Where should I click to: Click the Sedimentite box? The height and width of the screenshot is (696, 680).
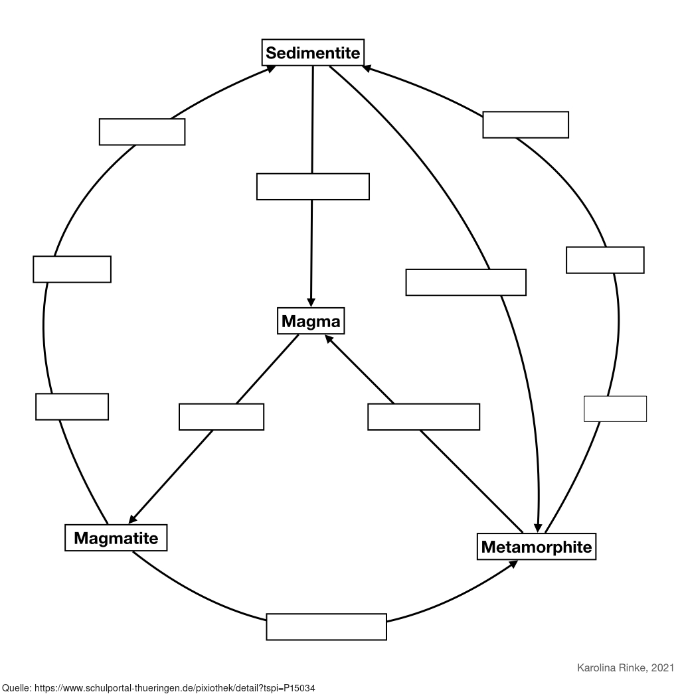click(313, 52)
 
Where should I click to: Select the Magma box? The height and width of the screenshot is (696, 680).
click(311, 322)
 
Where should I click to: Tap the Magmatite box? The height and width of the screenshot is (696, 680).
click(116, 537)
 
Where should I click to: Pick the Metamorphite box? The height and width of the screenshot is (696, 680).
click(536, 547)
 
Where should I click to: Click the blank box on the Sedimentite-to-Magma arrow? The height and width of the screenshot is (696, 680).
click(313, 186)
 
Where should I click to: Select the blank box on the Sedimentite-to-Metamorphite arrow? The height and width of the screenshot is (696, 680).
click(466, 282)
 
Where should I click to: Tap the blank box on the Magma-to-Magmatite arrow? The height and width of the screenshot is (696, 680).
click(221, 417)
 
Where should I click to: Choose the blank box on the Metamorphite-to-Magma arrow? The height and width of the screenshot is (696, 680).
click(424, 417)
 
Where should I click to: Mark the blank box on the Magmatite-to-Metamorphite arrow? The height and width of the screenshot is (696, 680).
click(326, 627)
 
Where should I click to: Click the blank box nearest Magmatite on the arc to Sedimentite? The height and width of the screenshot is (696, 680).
click(72, 407)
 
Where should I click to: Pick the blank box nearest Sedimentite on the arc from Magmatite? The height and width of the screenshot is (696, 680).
click(142, 131)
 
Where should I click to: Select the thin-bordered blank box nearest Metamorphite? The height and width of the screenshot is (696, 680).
click(615, 409)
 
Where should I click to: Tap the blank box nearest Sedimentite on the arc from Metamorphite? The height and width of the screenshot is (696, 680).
click(525, 125)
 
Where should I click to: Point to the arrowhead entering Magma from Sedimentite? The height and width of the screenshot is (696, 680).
click(311, 303)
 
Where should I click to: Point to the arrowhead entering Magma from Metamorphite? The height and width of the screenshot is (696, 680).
click(330, 339)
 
